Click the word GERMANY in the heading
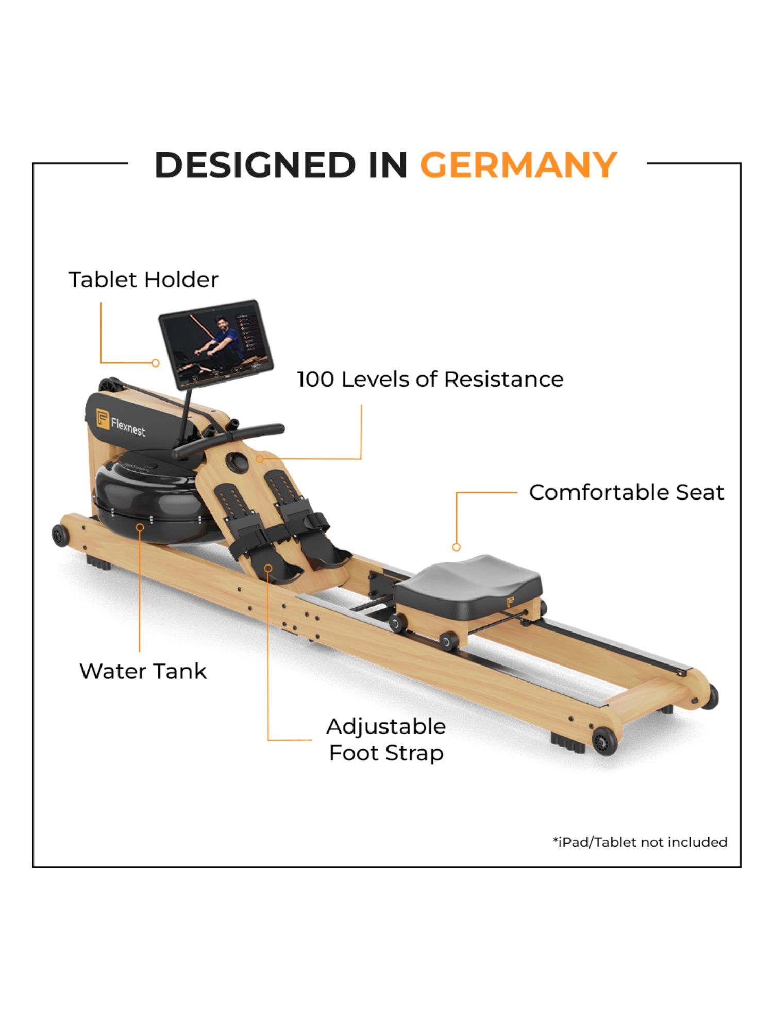tap(518, 165)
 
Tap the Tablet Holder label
tap(143, 280)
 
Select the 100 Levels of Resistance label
tap(430, 379)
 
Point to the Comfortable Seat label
tap(626, 492)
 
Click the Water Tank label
tap(143, 671)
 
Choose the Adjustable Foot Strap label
tap(386, 740)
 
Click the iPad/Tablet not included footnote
tap(640, 842)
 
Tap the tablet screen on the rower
tap(215, 343)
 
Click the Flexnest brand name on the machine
tap(128, 427)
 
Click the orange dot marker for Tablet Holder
tap(155, 363)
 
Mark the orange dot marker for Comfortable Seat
tap(456, 547)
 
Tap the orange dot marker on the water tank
tap(140, 527)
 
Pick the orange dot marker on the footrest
tap(268, 568)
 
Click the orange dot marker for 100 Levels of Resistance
tap(260, 458)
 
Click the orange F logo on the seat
tap(510, 602)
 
